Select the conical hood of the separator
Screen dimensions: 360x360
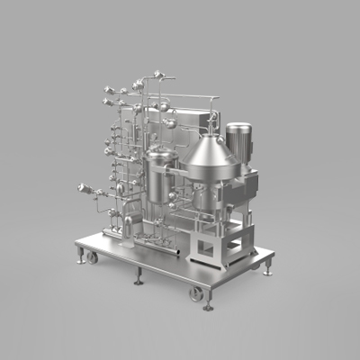point(211,148)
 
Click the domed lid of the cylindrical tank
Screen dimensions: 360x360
point(162,155)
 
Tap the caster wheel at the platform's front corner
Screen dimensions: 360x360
point(195,293)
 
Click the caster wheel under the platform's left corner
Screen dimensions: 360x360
point(92,257)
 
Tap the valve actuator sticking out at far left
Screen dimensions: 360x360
point(83,190)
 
